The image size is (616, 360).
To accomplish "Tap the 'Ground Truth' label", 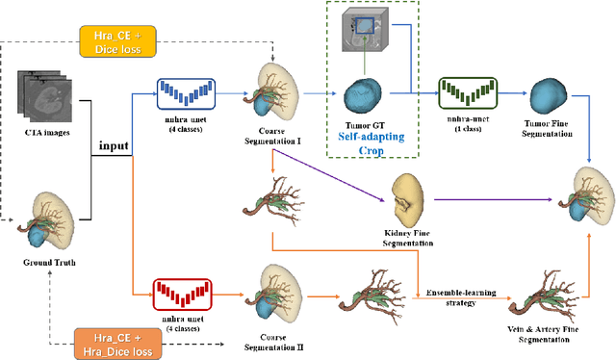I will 48,261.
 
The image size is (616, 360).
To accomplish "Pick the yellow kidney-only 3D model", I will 413,199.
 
